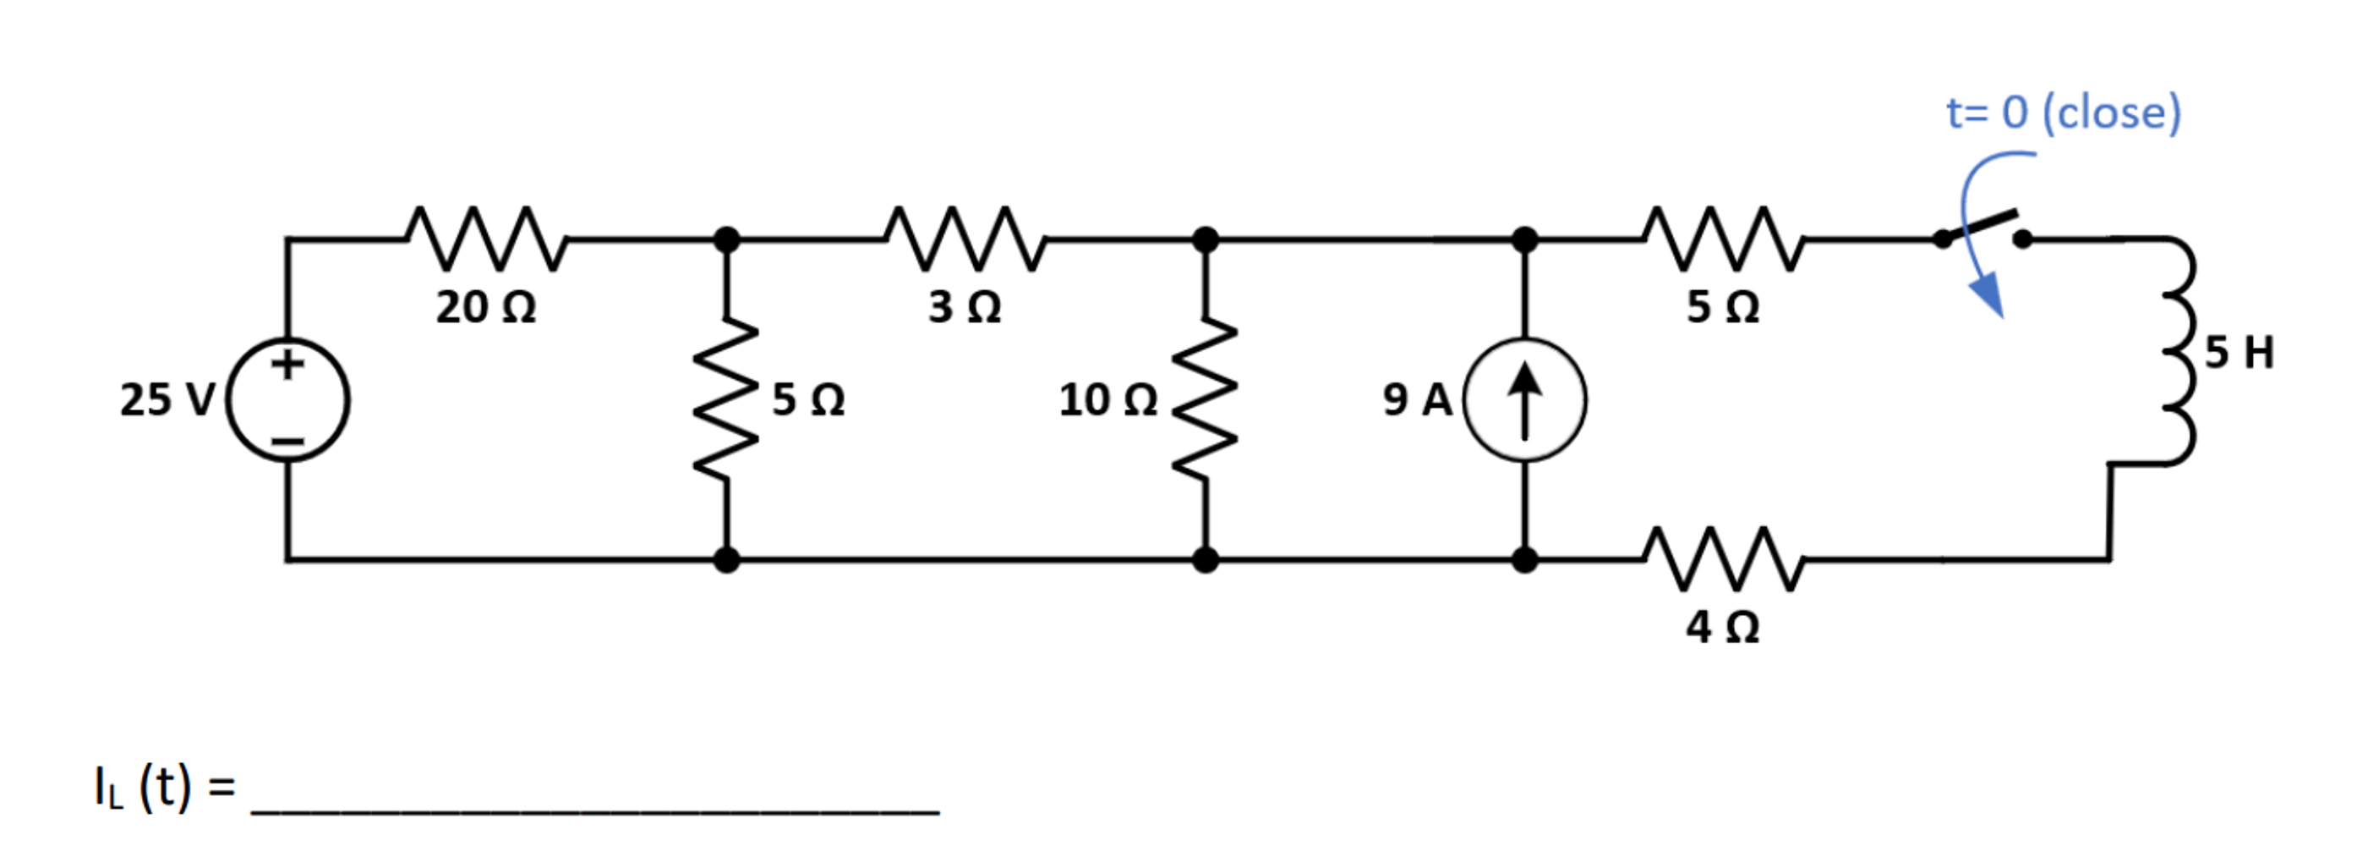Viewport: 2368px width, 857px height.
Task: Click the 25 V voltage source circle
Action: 287,400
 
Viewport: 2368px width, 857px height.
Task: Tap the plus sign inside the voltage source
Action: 287,363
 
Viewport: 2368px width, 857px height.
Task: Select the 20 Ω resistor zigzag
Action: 486,239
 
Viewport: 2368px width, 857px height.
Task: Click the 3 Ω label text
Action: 964,306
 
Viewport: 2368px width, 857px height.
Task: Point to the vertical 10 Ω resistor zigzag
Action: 1204,399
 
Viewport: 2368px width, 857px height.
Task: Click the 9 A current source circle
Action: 1524,400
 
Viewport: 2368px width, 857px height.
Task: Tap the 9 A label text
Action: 1417,400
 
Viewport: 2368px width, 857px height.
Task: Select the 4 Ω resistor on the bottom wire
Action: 1723,559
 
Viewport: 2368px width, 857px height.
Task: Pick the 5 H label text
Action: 2239,352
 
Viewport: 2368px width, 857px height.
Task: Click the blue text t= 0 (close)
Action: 2063,113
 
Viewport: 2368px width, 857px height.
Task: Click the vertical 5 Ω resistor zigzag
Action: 726,399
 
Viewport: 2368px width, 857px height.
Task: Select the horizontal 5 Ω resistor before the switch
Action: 1723,239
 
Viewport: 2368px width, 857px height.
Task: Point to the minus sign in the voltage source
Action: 287,442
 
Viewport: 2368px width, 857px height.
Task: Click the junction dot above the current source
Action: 1524,240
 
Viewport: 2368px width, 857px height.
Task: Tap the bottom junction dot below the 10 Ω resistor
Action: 1204,559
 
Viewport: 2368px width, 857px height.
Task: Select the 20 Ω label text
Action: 485,306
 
